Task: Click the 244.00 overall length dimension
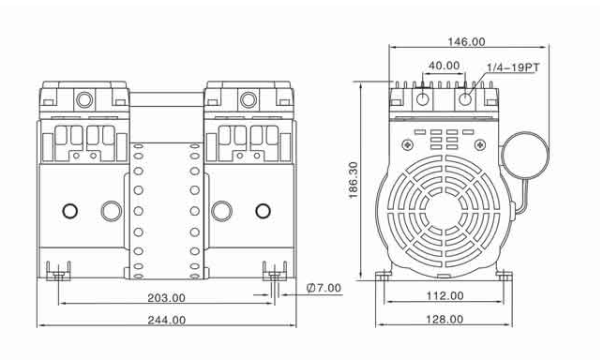pos(167,320)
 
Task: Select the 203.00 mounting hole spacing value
pos(167,298)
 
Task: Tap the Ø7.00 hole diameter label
pos(324,288)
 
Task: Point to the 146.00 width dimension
pos(466,41)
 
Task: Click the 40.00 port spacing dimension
pos(445,66)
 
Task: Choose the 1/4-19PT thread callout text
pos(513,67)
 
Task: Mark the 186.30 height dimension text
pos(353,180)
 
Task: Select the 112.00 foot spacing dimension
pos(445,295)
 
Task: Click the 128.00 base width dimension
pos(445,320)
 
